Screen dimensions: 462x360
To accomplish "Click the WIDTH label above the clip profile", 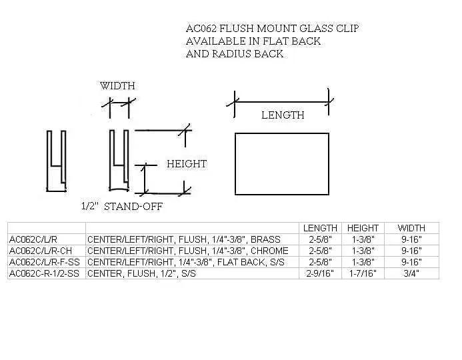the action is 117,86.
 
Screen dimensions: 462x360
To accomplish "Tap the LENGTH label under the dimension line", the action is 283,115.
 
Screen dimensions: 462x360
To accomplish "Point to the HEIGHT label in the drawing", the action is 187,164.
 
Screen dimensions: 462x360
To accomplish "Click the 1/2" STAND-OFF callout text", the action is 122,206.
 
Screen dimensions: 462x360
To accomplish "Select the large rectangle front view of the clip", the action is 282,164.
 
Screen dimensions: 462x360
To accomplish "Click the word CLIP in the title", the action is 348,29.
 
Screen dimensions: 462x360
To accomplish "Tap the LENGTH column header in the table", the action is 320,228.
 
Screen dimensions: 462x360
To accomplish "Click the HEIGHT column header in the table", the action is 363,228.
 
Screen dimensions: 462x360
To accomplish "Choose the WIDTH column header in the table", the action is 411,228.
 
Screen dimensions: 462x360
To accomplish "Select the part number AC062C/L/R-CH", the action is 41,251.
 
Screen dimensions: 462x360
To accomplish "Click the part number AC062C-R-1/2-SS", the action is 44,273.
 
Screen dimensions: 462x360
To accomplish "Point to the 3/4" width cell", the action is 411,273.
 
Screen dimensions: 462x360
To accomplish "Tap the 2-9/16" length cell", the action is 320,273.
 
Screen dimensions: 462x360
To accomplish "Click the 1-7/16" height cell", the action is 363,273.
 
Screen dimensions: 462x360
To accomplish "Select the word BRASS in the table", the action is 266,239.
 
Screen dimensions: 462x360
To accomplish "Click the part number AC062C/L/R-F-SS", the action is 45,262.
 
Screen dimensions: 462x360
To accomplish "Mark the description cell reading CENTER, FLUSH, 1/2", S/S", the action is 141,273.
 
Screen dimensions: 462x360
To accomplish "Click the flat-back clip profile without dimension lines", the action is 56,161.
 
